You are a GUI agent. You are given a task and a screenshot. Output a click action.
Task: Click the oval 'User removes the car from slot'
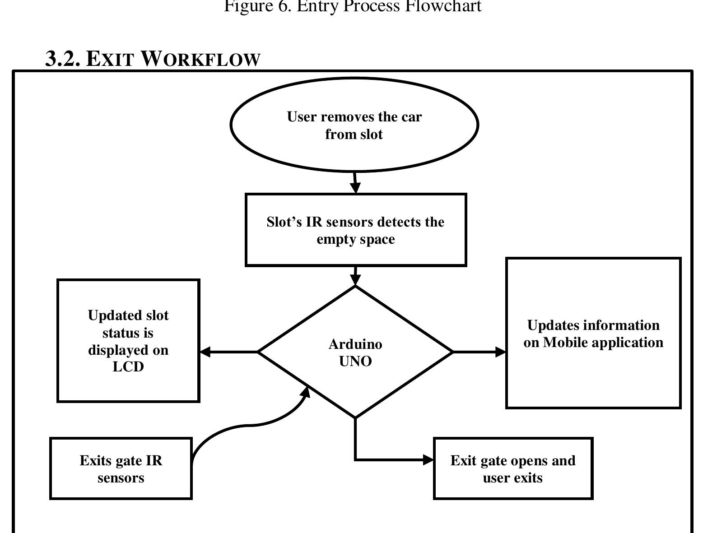click(x=354, y=125)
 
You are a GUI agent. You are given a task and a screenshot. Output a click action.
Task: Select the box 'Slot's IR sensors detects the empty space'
click(x=355, y=230)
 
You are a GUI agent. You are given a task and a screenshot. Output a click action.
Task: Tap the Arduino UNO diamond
click(x=355, y=352)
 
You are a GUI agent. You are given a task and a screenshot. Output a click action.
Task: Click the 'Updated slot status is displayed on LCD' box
click(x=128, y=341)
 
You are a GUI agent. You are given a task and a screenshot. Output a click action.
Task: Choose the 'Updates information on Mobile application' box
click(x=593, y=334)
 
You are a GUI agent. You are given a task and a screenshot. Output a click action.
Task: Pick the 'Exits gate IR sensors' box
click(x=121, y=468)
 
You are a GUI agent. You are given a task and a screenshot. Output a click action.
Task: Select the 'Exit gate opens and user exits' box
click(x=513, y=468)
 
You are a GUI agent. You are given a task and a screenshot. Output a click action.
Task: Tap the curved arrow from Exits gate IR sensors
click(x=248, y=425)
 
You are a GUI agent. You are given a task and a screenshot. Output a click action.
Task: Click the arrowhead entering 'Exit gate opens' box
click(x=428, y=460)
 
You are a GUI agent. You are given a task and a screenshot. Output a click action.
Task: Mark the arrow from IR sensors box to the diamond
click(x=356, y=276)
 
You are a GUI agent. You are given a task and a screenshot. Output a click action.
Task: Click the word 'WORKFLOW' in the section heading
click(x=200, y=59)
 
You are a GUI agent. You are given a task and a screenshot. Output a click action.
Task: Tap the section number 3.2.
click(x=63, y=59)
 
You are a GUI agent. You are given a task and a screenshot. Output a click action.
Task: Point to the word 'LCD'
click(x=128, y=366)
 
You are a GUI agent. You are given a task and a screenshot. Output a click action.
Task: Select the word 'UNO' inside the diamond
click(x=355, y=361)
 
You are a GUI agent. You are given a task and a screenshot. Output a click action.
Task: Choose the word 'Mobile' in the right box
click(x=564, y=342)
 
